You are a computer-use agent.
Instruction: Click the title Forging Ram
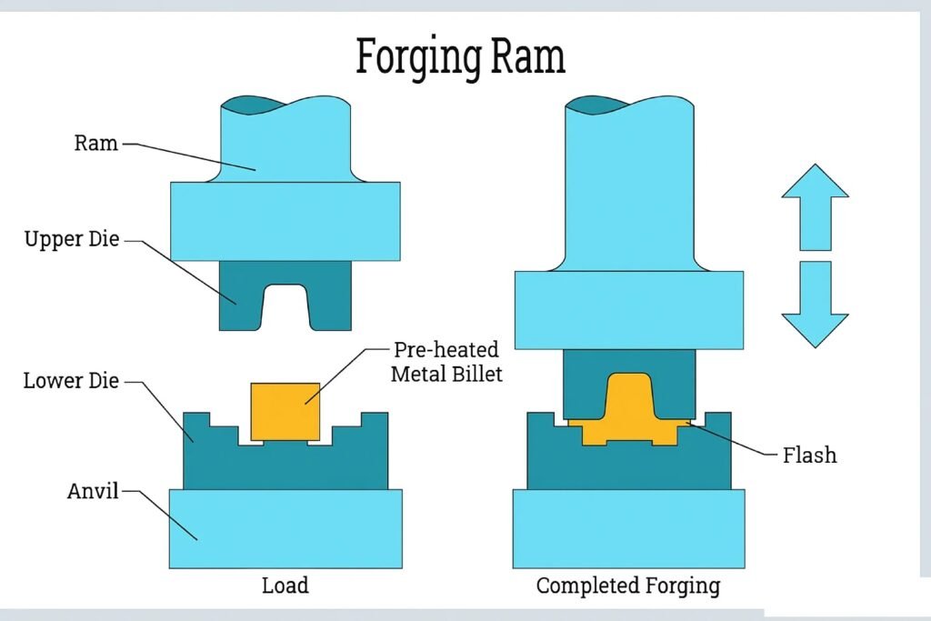[460, 56]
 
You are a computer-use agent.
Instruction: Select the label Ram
[96, 143]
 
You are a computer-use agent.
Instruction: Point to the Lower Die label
[71, 380]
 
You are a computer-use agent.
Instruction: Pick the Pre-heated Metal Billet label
[447, 361]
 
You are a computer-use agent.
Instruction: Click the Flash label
[809, 455]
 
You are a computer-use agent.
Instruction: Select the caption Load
[285, 585]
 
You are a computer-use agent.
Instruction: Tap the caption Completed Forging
[628, 585]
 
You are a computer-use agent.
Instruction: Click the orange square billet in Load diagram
[285, 411]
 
